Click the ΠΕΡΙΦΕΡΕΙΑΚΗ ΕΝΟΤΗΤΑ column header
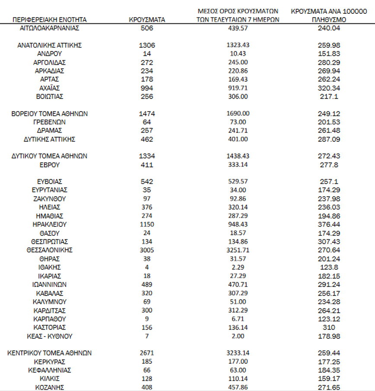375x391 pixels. pyautogui.click(x=50, y=19)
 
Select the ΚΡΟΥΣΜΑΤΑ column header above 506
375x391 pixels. pyautogui.click(x=147, y=19)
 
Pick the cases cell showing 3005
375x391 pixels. pyautogui.click(x=147, y=250)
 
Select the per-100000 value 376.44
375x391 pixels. pyautogui.click(x=328, y=224)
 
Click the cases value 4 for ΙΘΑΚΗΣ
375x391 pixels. pyautogui.click(x=147, y=267)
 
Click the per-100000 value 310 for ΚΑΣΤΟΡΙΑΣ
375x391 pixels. pyautogui.click(x=328, y=327)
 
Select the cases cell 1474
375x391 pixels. pyautogui.click(x=147, y=114)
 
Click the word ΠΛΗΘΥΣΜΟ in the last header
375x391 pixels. pyautogui.click(x=328, y=19)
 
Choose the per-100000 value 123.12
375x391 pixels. pyautogui.click(x=328, y=319)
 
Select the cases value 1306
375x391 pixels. pyautogui.click(x=147, y=45)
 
